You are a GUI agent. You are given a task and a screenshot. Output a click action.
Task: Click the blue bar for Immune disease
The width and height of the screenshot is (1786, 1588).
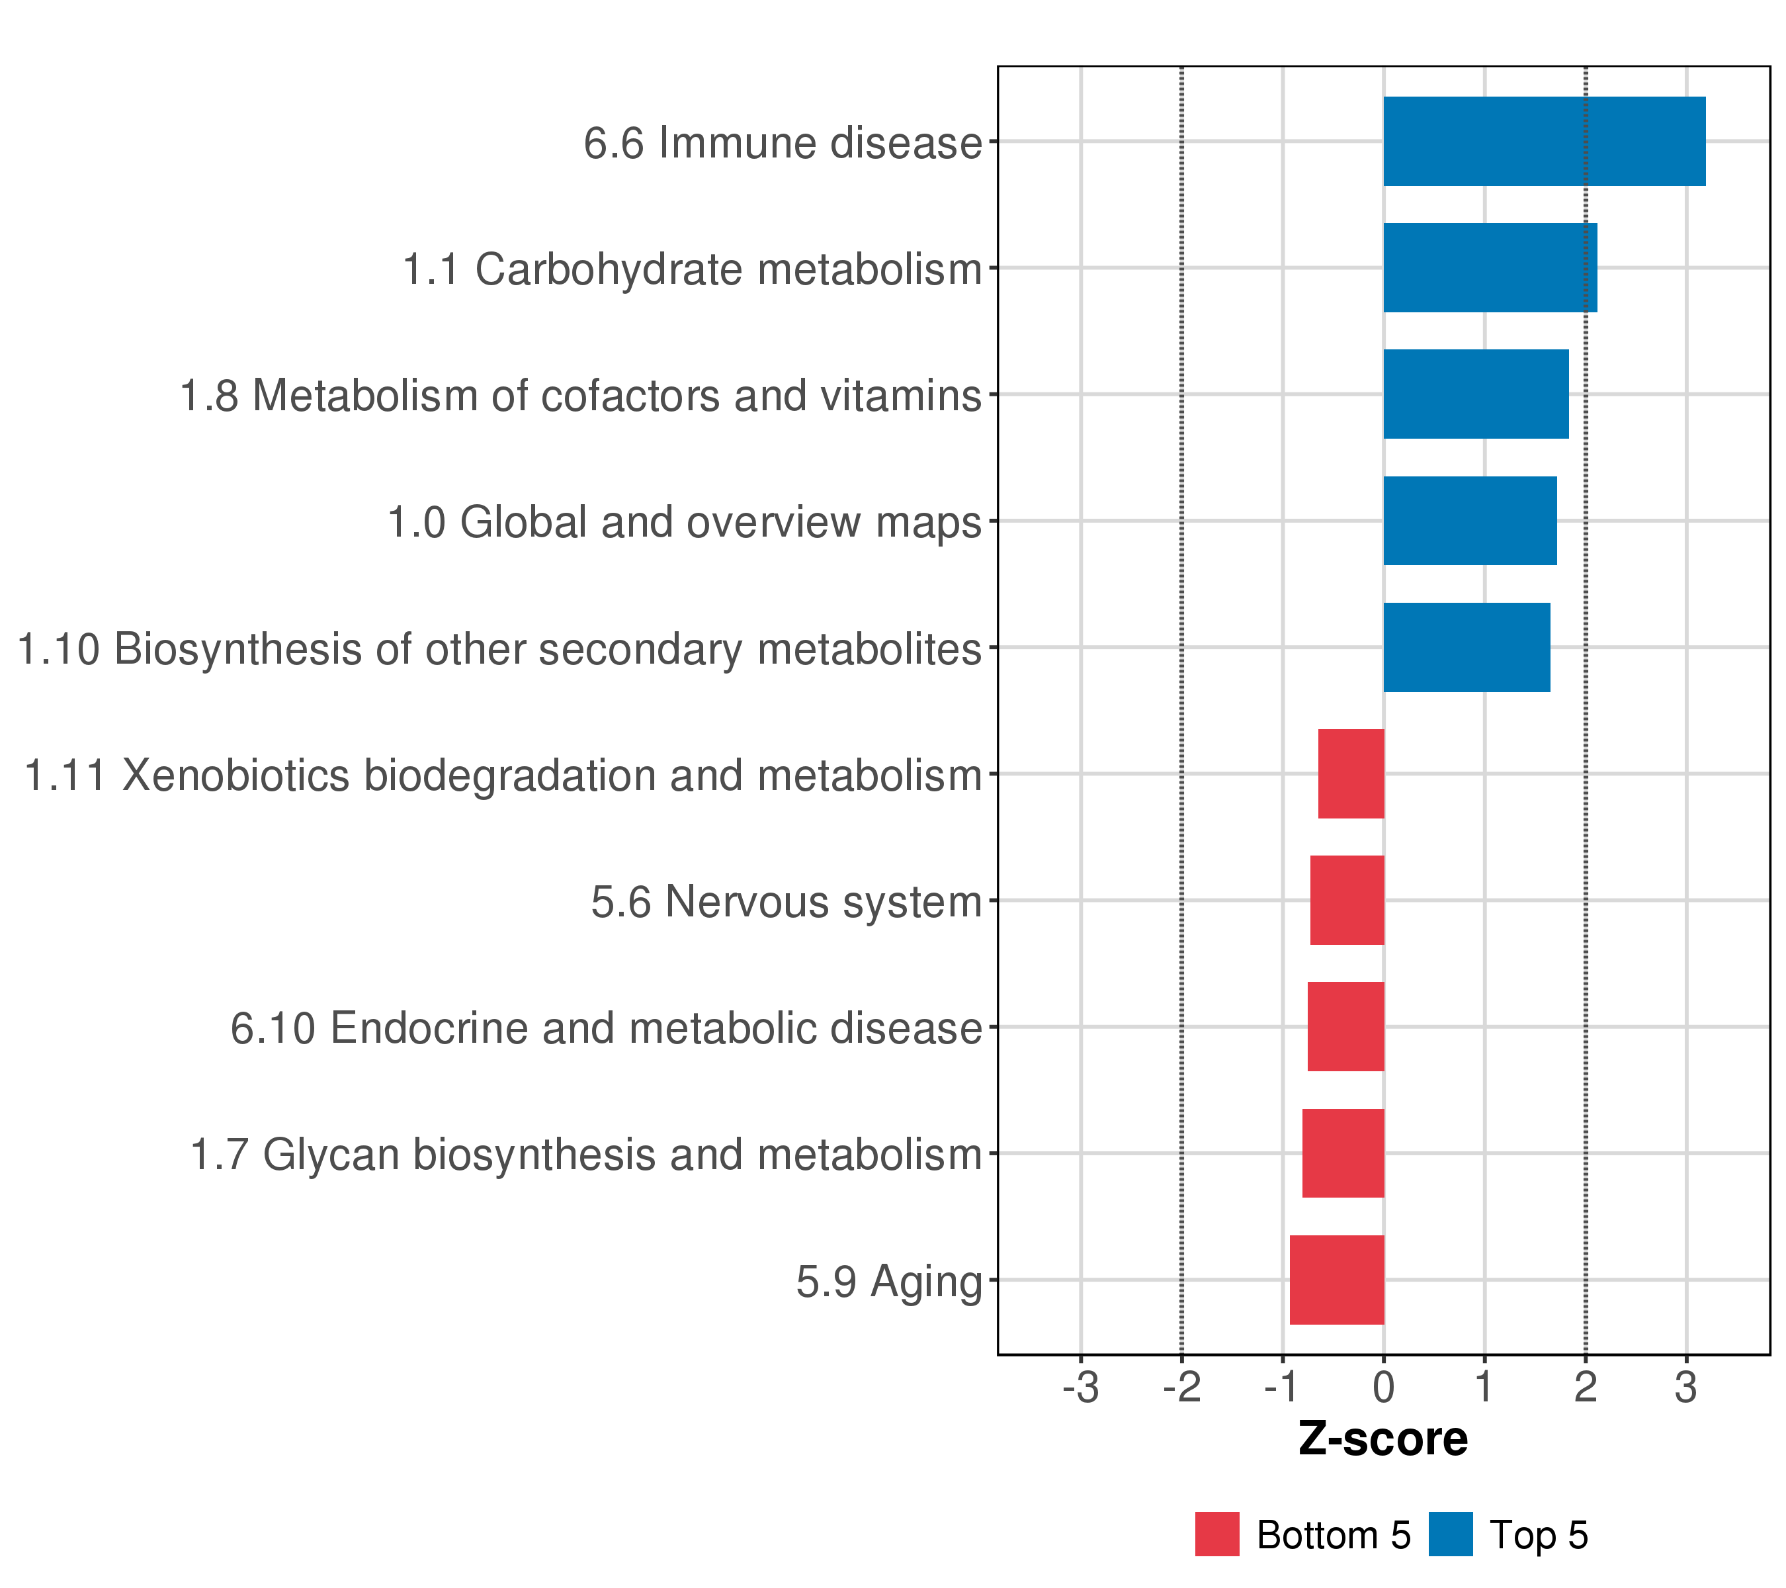[1544, 141]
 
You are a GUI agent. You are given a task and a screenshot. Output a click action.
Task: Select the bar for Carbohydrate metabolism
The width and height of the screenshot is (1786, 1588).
[1490, 267]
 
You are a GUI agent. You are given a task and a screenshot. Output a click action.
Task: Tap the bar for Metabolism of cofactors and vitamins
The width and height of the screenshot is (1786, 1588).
[1476, 394]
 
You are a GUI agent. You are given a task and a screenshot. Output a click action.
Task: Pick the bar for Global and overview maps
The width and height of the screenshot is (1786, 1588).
[1470, 521]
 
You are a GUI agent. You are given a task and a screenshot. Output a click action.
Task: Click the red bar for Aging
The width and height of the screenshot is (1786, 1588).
[1337, 1280]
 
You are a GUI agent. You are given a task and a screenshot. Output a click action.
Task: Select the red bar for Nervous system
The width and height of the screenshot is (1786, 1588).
[1347, 900]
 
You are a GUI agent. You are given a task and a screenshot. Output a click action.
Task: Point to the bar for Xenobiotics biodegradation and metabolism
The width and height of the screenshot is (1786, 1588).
[1351, 773]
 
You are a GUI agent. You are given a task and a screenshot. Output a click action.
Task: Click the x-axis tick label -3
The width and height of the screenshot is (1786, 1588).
[1081, 1388]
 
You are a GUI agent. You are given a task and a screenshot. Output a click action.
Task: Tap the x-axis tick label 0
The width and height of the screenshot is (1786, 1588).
[1383, 1388]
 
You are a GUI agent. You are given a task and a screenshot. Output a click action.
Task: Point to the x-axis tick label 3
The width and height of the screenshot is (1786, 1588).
[1686, 1388]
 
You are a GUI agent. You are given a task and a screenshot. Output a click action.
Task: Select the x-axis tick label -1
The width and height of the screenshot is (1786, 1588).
[1283, 1388]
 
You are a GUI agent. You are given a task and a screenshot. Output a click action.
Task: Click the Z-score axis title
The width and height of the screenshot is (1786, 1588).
[1383, 1439]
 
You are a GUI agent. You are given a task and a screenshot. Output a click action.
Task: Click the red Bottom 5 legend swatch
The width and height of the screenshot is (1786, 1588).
[1217, 1534]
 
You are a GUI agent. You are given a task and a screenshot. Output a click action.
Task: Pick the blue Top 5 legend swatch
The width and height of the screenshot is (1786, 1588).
[1451, 1534]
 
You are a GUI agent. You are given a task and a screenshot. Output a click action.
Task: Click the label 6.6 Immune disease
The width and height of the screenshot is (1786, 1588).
[783, 142]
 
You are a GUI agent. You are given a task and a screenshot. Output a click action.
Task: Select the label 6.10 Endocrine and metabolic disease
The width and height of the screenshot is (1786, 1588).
[607, 1028]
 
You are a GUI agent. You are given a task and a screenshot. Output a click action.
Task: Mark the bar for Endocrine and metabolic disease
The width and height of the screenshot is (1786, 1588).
[1345, 1026]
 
